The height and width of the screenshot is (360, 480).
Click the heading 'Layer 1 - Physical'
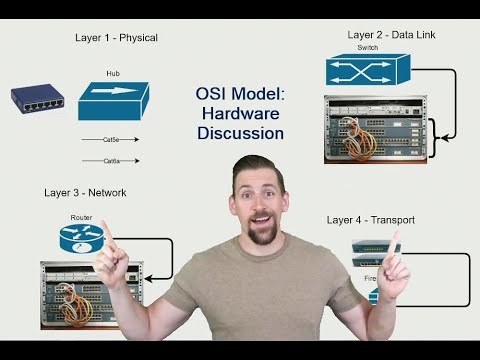pyautogui.click(x=116, y=38)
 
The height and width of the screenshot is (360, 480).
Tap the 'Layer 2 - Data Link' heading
pyautogui.click(x=391, y=34)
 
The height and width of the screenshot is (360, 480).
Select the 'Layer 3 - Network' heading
pyautogui.click(x=85, y=192)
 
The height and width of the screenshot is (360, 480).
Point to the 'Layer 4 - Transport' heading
pyautogui.click(x=371, y=219)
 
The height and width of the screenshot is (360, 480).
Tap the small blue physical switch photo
pyautogui.click(x=37, y=98)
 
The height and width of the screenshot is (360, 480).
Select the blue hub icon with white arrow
pyautogui.click(x=114, y=100)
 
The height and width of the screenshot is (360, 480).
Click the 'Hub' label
pyautogui.click(x=113, y=73)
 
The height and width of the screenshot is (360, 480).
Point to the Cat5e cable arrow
pyautogui.click(x=111, y=140)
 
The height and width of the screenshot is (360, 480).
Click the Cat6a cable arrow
pyautogui.click(x=111, y=160)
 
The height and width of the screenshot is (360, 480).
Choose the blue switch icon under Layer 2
pyautogui.click(x=367, y=69)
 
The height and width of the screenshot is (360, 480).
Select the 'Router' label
pyautogui.click(x=81, y=217)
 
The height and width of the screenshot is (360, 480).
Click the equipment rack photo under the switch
pyautogui.click(x=374, y=128)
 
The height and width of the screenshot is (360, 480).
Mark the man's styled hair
pyautogui.click(x=260, y=170)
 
